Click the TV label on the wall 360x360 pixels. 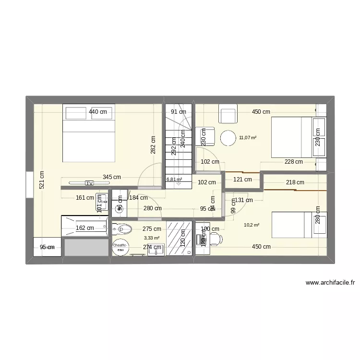(89, 183)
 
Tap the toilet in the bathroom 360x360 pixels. (122, 229)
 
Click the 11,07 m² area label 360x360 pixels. (247, 138)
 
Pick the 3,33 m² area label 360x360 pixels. (152, 238)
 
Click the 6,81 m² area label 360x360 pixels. (174, 180)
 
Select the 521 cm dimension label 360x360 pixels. (42, 180)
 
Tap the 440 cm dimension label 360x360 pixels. (97, 112)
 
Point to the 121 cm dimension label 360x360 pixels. (242, 180)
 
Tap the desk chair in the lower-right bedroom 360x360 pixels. (216, 239)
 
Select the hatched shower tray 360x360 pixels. (180, 238)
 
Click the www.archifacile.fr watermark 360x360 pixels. (330, 283)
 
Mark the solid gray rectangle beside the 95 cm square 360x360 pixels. (86, 248)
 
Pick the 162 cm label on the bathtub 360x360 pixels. (84, 228)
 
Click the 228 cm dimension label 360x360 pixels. (293, 162)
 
